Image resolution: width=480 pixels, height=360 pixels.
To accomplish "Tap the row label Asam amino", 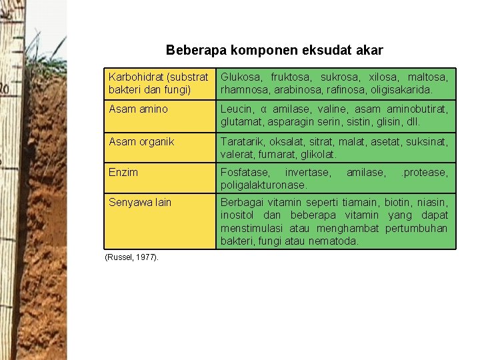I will [138, 109].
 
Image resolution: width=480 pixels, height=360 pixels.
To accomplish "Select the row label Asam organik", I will [141, 141].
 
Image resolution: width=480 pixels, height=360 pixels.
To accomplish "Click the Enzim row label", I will [123, 172].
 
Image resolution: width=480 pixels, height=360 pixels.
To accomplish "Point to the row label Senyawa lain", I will [140, 203].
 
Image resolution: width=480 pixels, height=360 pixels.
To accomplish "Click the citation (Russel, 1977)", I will [132, 257].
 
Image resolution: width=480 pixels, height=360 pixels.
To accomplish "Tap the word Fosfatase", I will [242, 173].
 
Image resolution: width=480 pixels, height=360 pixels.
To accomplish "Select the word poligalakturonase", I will [263, 185].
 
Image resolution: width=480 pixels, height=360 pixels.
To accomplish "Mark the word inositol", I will [240, 215].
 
